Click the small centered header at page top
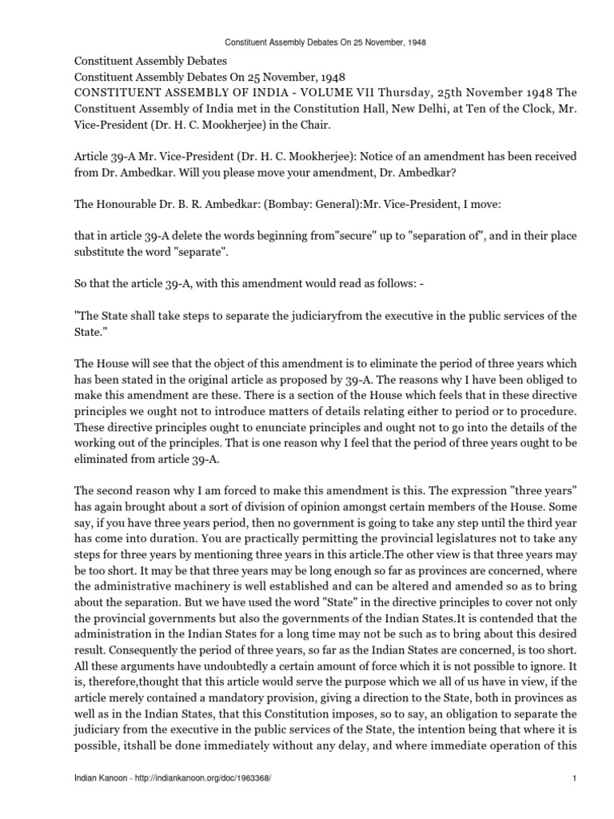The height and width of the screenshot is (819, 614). (307, 42)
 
